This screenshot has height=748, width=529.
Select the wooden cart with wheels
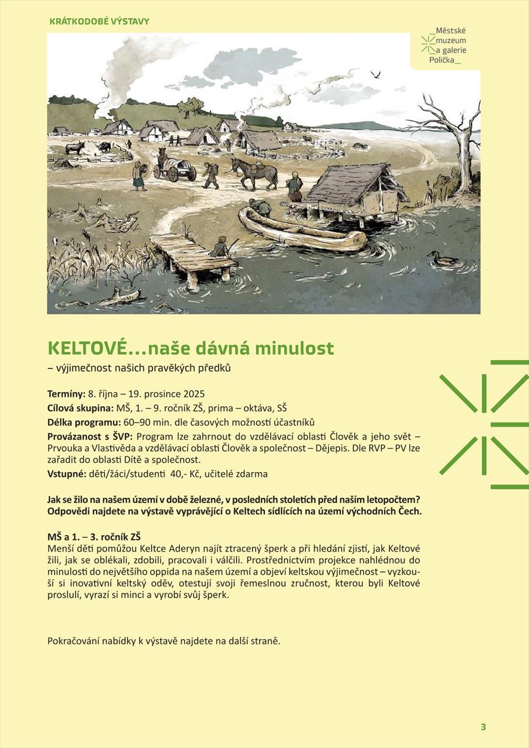pos(175,168)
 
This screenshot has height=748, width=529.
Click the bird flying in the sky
pos(376,74)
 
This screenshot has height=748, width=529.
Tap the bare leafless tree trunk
pos(462,146)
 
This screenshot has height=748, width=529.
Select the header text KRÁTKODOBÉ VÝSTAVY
pos(99,22)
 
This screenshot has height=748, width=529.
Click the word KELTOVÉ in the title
pos(87,348)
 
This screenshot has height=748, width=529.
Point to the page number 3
pos(483,727)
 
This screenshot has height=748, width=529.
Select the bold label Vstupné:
pos(67,474)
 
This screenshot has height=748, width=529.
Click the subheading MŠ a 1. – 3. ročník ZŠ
pos(94,536)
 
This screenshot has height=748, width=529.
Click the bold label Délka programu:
pos(84,423)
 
